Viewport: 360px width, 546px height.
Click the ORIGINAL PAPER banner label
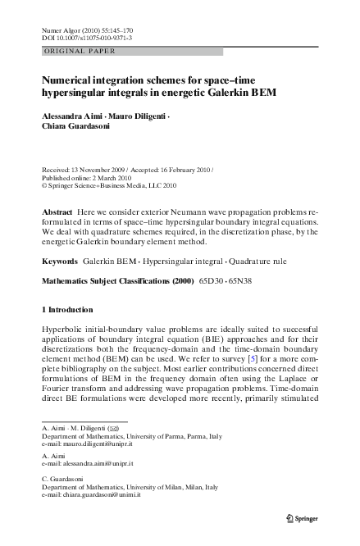(78, 51)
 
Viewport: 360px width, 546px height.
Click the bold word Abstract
(57, 212)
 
